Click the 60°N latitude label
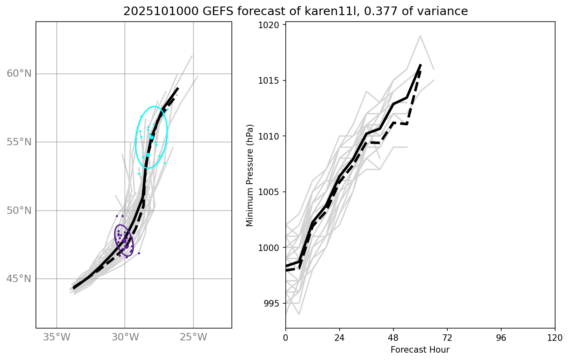click(19, 74)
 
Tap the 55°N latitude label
click(19, 142)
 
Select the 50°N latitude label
click(19, 211)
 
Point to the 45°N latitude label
click(19, 279)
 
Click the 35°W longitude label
click(56, 338)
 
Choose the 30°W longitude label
click(125, 338)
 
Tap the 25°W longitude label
click(193, 338)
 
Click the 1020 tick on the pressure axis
click(271, 25)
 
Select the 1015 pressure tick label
click(271, 80)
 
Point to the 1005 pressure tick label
click(271, 192)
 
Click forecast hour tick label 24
click(340, 338)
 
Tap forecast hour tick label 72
click(447, 338)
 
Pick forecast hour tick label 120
click(555, 338)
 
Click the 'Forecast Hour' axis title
click(420, 350)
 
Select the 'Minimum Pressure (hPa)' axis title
click(250, 175)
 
